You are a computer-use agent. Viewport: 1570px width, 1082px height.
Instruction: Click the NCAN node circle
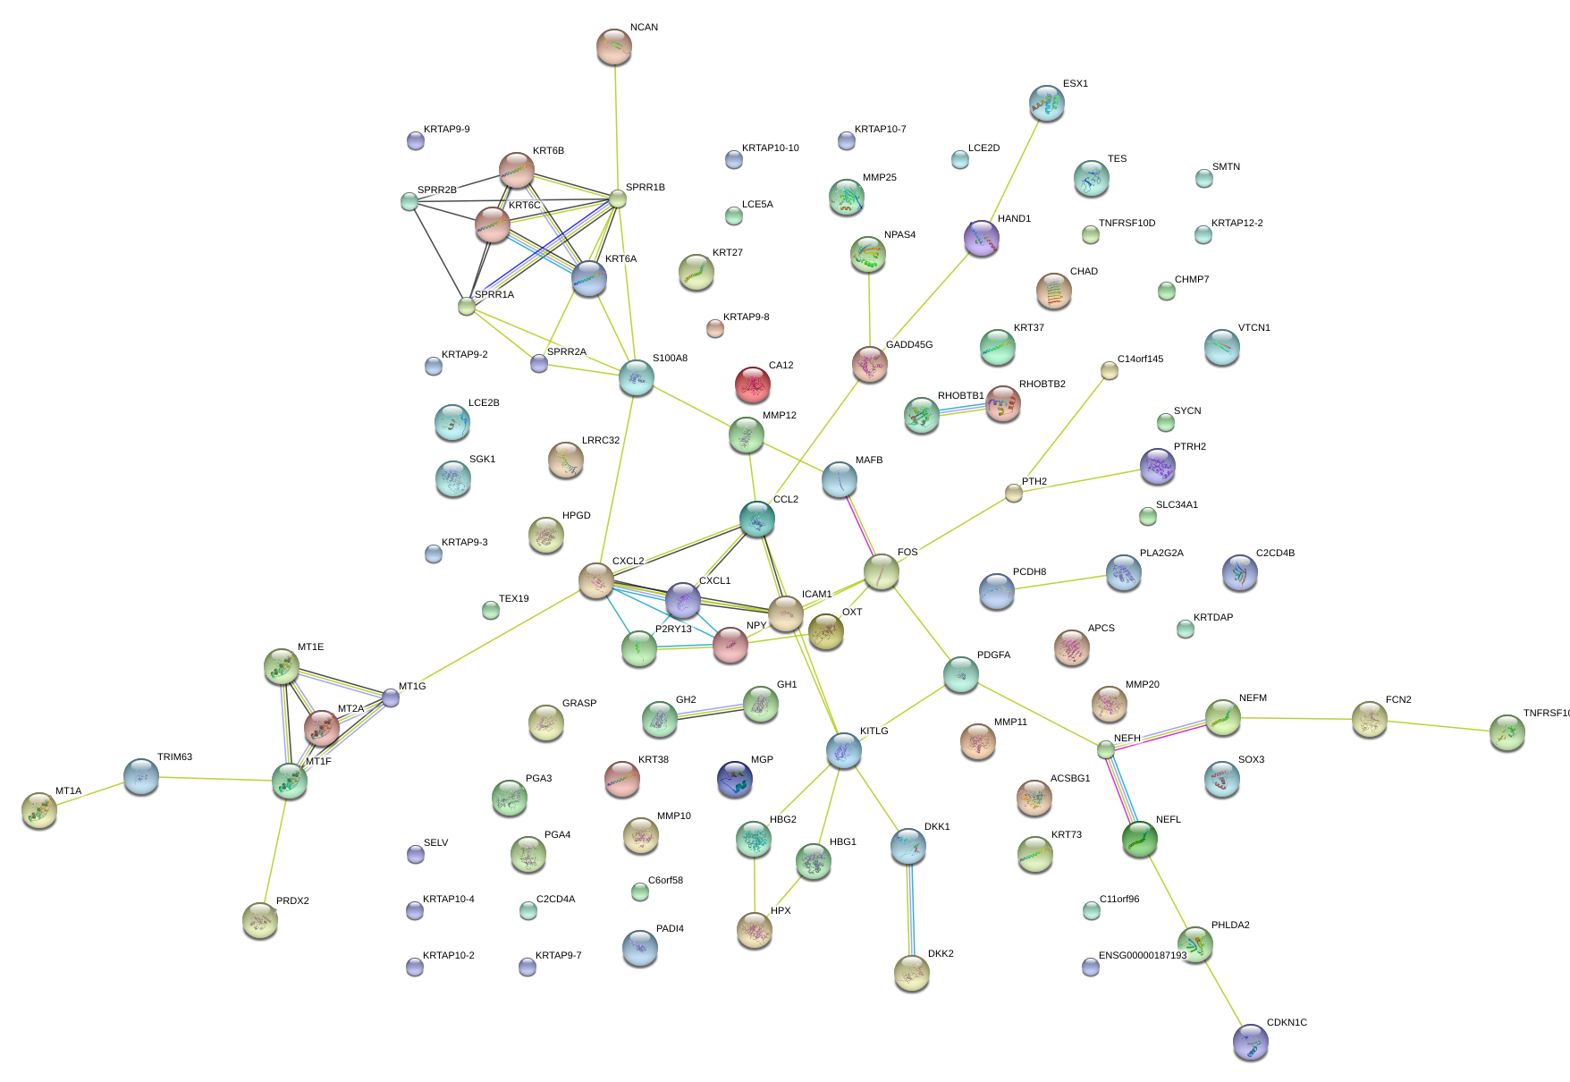613,47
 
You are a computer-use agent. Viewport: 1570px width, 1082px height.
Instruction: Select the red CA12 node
753,385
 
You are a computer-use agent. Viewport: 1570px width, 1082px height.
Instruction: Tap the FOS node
882,572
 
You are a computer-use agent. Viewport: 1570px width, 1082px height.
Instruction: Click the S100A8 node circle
637,377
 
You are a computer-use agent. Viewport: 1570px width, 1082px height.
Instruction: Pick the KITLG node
844,750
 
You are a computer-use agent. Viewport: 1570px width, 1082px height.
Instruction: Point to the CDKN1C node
1250,1042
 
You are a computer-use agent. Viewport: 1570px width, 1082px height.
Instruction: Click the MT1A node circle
39,810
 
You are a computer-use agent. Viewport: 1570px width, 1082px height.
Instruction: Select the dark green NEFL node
1140,839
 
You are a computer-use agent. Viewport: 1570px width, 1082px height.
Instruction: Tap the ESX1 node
1047,104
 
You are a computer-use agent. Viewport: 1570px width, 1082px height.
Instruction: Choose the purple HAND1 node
982,238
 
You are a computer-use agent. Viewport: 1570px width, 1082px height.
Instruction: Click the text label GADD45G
909,345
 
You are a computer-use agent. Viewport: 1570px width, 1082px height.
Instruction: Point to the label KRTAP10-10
771,148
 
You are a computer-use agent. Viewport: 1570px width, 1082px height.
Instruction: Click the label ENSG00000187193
1143,956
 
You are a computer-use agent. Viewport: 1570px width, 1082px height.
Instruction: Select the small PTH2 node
1013,493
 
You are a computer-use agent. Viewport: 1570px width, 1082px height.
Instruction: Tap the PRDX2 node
260,920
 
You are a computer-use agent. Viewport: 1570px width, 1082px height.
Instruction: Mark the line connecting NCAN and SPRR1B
616,125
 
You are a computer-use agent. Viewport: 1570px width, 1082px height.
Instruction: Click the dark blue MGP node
735,779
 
